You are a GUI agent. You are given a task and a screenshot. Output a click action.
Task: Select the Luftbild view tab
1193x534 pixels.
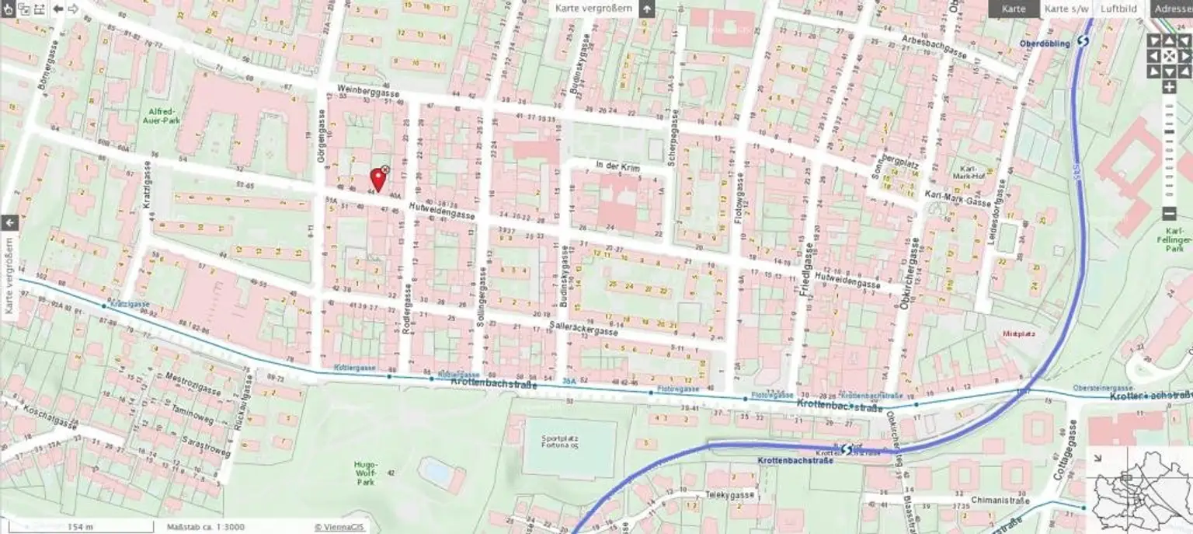pos(1118,9)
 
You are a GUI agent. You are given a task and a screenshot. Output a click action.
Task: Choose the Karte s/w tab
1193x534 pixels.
pos(1066,9)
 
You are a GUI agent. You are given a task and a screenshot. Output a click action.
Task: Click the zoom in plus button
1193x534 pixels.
pos(1169,87)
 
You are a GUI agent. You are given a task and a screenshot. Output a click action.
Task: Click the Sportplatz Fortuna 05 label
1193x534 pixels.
pos(569,444)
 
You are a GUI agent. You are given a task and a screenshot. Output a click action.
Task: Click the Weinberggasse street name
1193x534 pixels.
pos(368,91)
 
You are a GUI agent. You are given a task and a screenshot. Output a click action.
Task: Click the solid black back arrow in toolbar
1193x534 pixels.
pos(57,9)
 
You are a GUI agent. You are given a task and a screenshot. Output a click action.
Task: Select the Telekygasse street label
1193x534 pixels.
pos(729,495)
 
